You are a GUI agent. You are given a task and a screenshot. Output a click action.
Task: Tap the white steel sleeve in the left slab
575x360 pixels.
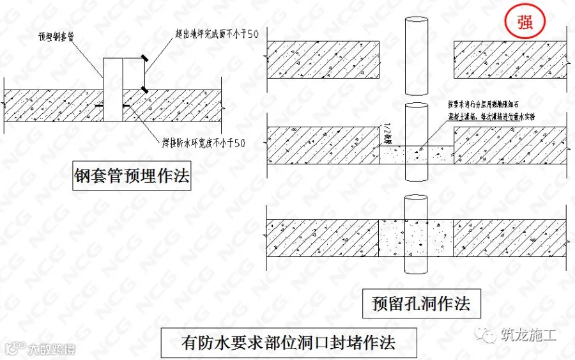[112, 90]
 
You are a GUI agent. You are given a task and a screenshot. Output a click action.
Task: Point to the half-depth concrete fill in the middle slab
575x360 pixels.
[417, 154]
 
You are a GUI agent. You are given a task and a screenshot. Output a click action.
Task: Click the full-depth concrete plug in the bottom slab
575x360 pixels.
[417, 238]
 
